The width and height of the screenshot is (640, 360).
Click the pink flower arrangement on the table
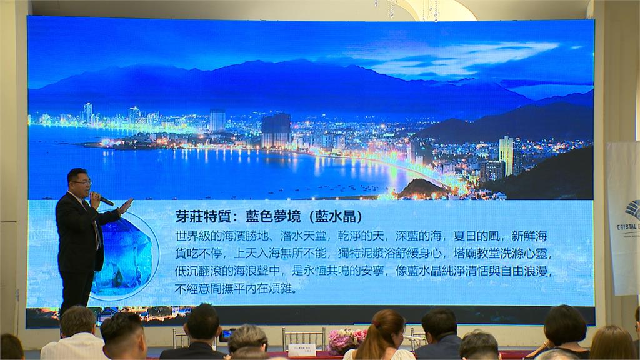pos(347,341)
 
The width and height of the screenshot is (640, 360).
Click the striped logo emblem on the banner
pos(632,209)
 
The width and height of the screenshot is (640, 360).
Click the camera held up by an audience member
pos(226,334)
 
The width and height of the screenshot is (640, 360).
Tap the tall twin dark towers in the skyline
pos(276,129)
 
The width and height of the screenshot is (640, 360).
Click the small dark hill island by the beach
pos(422,188)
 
